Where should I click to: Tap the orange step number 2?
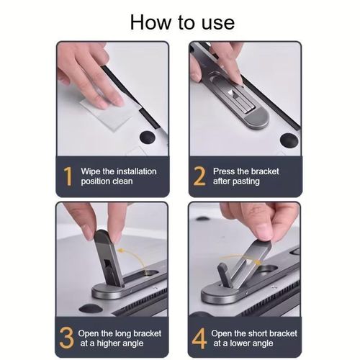click(x=199, y=176)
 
